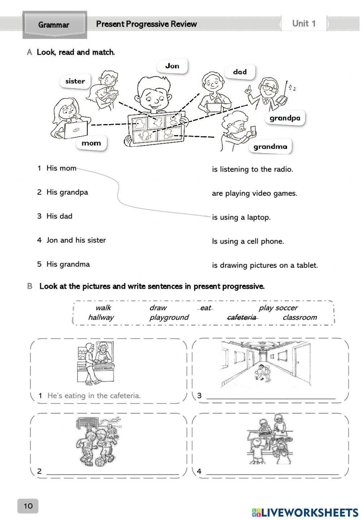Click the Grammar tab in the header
click(x=54, y=25)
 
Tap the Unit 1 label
click(x=304, y=24)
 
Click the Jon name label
click(x=172, y=66)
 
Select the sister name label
click(x=75, y=81)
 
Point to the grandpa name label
click(x=285, y=118)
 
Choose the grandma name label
click(x=270, y=147)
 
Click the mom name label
click(x=91, y=143)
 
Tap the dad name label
click(x=240, y=72)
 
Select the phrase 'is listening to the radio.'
click(x=252, y=169)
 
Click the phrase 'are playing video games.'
click(x=255, y=194)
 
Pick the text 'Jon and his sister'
click(x=76, y=240)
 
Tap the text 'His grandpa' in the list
click(x=67, y=192)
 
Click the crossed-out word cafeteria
click(x=242, y=317)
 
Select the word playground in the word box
click(x=169, y=317)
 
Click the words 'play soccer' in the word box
click(x=278, y=308)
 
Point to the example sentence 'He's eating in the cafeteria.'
click(x=94, y=396)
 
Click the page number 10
click(x=28, y=506)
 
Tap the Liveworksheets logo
click(x=305, y=512)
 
